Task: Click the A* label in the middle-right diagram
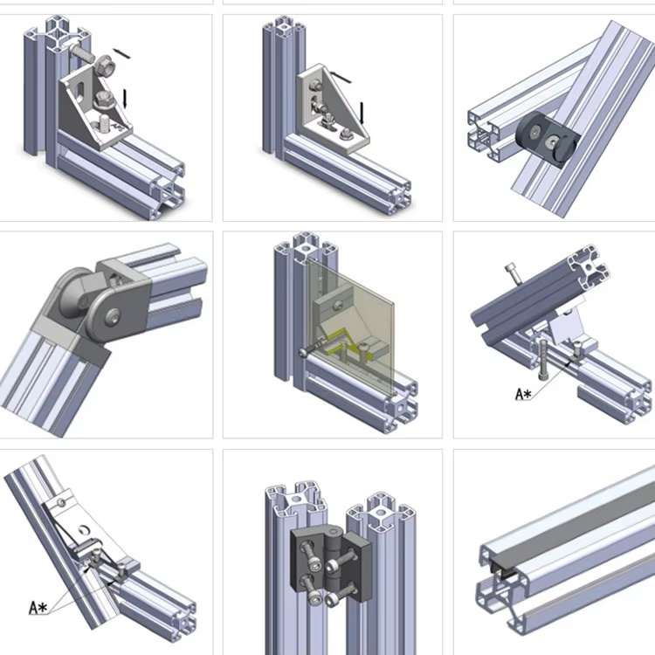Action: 523,395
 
